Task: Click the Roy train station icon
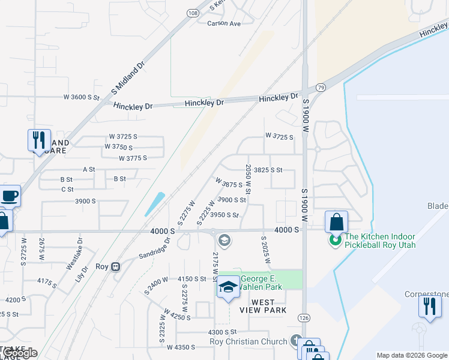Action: pyautogui.click(x=117, y=266)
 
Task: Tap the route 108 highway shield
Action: pyautogui.click(x=191, y=12)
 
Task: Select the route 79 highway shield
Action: pyautogui.click(x=321, y=88)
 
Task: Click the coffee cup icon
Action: pyautogui.click(x=10, y=196)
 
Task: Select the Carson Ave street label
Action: pyautogui.click(x=223, y=23)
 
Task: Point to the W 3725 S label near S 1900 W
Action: pyautogui.click(x=279, y=137)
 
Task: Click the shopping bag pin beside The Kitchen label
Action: pyautogui.click(x=336, y=221)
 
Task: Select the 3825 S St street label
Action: pyautogui.click(x=268, y=170)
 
